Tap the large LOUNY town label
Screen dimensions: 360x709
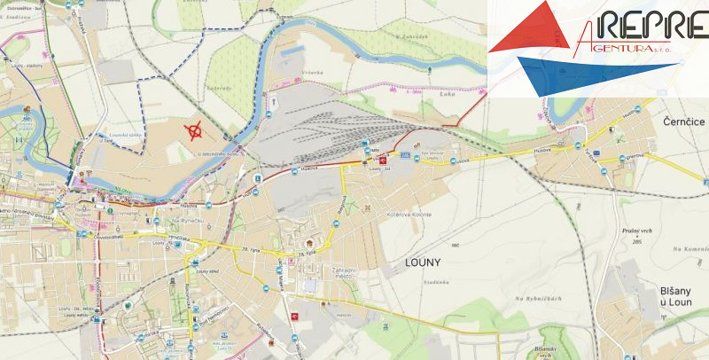coord(422,262)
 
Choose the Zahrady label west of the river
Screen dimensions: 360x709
coord(220,89)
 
